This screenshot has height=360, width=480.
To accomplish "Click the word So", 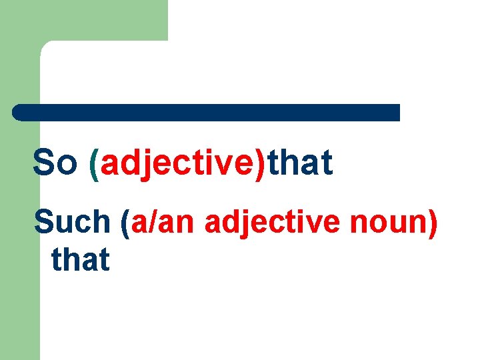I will pos(55,164).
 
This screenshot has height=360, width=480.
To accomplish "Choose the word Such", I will pos(72,222).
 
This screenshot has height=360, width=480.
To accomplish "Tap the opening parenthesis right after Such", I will pos(125,223).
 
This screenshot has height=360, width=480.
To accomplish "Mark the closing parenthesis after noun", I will pos(433,223).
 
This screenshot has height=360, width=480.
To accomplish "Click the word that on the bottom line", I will pos(80,259).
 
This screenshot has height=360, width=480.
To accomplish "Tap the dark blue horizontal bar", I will pos(207,112).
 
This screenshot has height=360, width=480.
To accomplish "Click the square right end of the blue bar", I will pos(396,112).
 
